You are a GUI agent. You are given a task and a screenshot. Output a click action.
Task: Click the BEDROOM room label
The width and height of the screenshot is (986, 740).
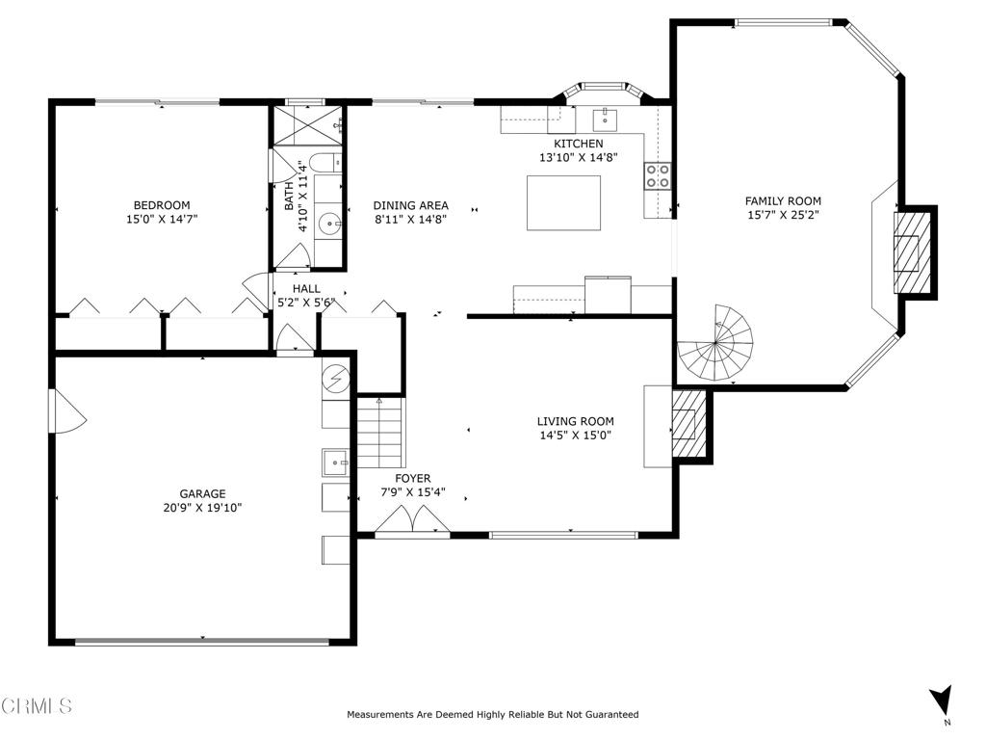161,205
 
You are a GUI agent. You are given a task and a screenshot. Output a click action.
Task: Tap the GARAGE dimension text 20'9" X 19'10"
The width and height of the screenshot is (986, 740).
202,508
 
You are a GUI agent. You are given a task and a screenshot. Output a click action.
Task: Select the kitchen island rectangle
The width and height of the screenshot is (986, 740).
563,202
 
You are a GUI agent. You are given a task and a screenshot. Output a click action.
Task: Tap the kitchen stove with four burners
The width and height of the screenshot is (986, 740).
658,175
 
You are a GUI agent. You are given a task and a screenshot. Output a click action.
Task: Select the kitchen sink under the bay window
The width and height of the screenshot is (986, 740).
605,119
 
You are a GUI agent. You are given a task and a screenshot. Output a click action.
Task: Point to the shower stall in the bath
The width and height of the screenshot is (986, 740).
305,125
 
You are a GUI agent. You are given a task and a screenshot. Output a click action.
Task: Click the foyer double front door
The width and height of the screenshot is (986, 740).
412,521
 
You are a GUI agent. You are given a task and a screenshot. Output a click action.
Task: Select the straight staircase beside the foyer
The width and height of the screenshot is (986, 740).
379,434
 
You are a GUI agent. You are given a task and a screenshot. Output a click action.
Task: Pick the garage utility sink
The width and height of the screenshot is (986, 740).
335,462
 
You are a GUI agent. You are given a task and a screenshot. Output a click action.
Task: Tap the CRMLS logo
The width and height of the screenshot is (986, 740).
36,706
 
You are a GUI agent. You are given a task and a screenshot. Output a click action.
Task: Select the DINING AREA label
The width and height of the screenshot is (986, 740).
410,205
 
